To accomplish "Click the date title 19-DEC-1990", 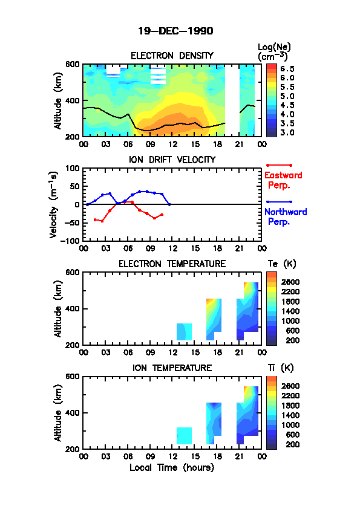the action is [175, 31].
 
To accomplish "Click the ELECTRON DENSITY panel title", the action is [172, 56].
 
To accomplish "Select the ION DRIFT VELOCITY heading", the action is [172, 160].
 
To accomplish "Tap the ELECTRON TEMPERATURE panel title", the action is [172, 264].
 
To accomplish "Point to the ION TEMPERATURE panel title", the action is [172, 368].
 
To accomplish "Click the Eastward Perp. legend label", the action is [283, 180].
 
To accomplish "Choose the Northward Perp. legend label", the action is [286, 217].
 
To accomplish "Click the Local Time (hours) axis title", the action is [172, 468].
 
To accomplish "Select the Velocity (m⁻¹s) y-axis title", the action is [54, 205].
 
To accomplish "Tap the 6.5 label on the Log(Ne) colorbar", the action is [287, 69].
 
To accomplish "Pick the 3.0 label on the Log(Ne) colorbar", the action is [287, 133].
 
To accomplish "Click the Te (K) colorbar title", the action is [282, 264].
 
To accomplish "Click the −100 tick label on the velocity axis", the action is [71, 241].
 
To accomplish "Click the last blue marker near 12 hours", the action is [169, 204].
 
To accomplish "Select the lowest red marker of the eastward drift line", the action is [154, 218].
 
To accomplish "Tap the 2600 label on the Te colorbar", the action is [290, 282].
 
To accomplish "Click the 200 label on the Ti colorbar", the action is [293, 445].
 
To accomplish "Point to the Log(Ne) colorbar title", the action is [274, 52].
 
